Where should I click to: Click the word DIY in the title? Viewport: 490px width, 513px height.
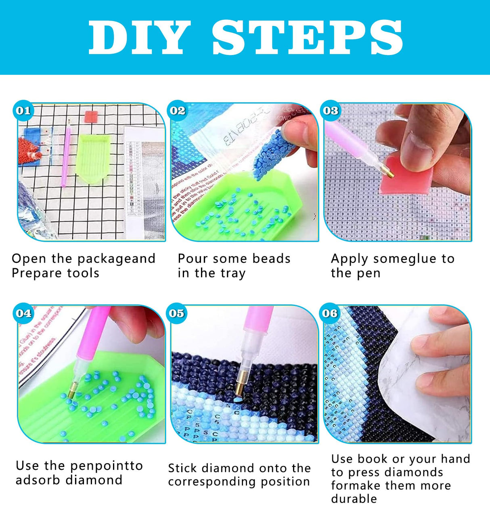click(x=139, y=37)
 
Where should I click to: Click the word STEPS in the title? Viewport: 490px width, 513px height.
click(x=307, y=37)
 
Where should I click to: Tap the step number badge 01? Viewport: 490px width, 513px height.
click(x=23, y=110)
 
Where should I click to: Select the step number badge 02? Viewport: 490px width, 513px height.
click(x=177, y=110)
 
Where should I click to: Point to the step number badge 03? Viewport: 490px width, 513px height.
click(x=330, y=110)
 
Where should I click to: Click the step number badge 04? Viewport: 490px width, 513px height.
click(x=23, y=313)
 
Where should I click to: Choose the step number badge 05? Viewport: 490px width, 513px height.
click(x=176, y=313)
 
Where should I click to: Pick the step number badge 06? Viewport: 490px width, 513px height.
click(x=330, y=313)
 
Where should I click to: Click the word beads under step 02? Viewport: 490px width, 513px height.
click(x=271, y=259)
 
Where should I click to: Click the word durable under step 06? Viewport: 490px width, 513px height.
click(x=354, y=499)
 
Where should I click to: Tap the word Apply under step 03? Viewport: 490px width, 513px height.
click(x=349, y=259)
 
